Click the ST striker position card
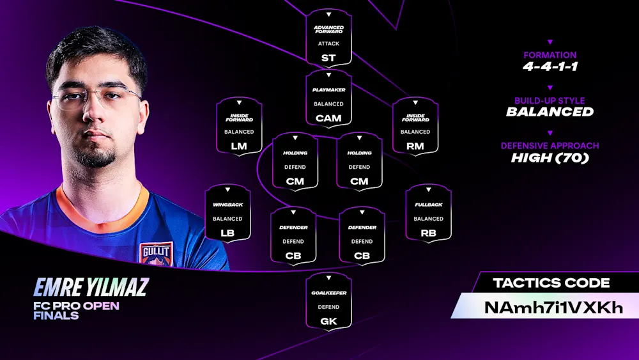tap(328, 38)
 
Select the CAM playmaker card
tap(328, 98)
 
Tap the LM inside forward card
tap(239, 126)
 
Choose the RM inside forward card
tap(415, 126)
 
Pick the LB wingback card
tap(227, 213)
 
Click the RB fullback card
tap(428, 213)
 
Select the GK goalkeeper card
tap(328, 301)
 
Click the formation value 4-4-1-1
tap(550, 67)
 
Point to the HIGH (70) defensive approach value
tap(550, 158)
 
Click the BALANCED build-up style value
tap(550, 112)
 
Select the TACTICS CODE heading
tap(551, 283)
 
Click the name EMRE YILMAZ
tap(91, 287)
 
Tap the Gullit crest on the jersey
tap(156, 254)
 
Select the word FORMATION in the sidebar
tap(550, 55)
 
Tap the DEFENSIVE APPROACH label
tap(550, 146)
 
